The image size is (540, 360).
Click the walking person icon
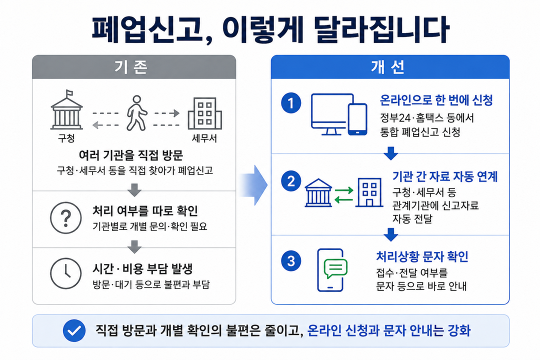tap(136, 113)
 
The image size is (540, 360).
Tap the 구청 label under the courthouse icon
tap(66, 138)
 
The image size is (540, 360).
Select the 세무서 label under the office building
tap(204, 138)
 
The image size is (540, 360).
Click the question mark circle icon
tap(66, 217)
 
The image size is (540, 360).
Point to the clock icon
tap(66, 273)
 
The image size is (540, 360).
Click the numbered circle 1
tap(291, 103)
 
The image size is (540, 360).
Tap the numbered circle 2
tap(291, 181)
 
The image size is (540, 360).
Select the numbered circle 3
tap(291, 261)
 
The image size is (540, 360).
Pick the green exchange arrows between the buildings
tap(344, 195)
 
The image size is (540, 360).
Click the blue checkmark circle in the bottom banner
tap(74, 330)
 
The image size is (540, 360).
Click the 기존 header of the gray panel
tap(131, 67)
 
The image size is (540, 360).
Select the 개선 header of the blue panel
tap(388, 67)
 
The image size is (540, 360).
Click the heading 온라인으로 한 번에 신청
tap(436, 100)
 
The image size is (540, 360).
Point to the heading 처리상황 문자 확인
tap(422, 256)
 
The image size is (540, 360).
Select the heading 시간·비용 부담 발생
tap(142, 268)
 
